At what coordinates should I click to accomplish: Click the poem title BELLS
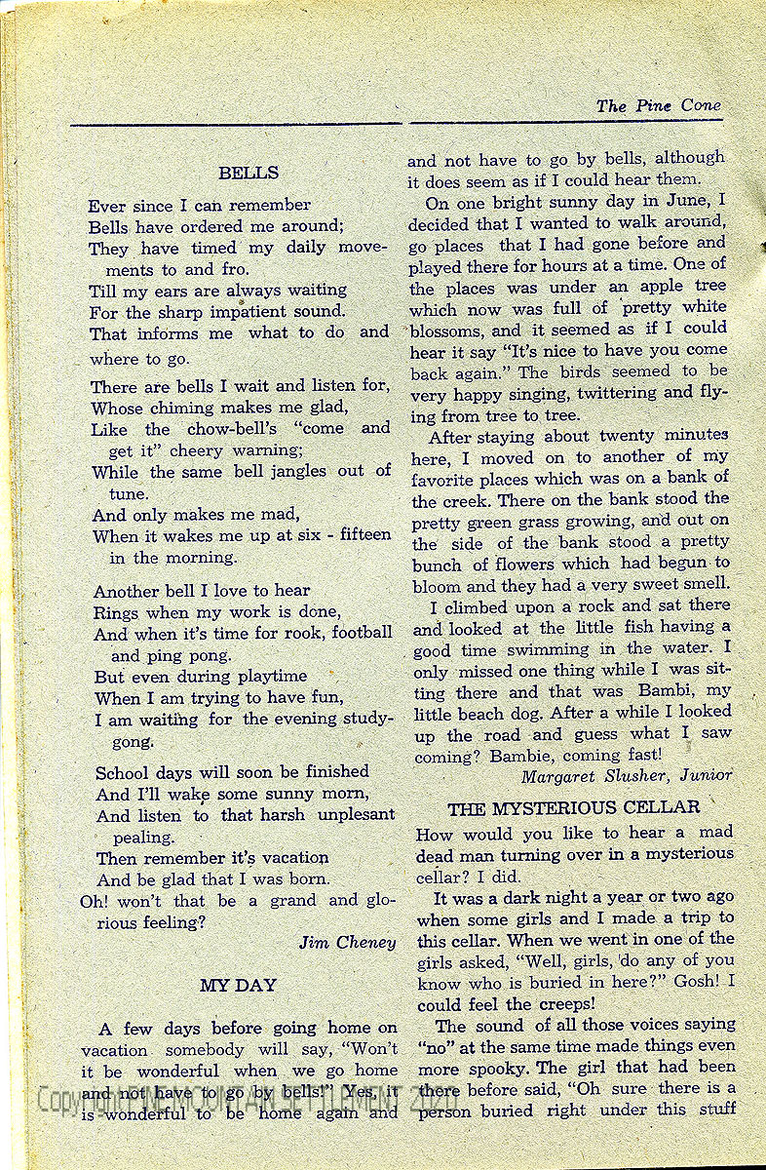(x=249, y=174)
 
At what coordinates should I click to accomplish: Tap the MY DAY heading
(x=238, y=986)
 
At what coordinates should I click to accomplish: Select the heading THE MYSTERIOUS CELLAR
(x=573, y=807)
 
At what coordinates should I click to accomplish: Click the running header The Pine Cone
(x=659, y=106)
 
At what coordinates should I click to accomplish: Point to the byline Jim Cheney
(x=347, y=942)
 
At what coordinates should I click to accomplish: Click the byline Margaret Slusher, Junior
(x=626, y=776)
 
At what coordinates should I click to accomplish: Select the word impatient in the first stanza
(x=255, y=312)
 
